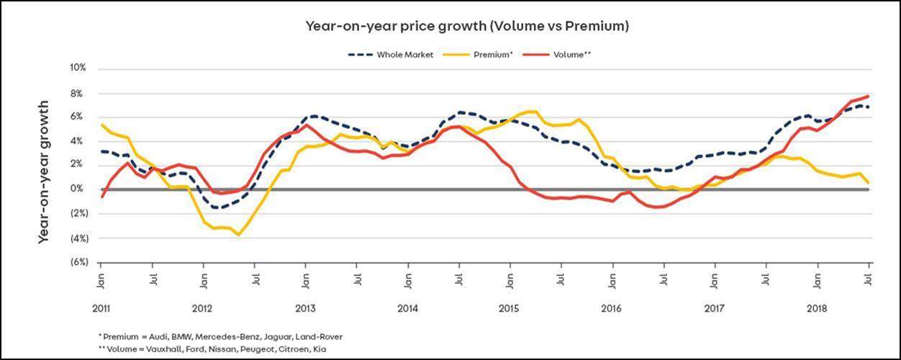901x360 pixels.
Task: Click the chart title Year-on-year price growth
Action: pos(467,27)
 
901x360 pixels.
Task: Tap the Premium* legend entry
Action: pos(492,54)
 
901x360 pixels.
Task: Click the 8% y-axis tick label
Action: pos(79,93)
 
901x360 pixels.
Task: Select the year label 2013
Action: pos(305,308)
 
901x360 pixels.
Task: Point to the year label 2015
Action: pos(509,308)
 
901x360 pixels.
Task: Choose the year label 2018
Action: pos(817,308)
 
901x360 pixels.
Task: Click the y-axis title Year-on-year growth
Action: pos(44,171)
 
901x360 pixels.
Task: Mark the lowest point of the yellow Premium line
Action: pos(238,235)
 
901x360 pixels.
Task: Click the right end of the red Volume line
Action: pos(869,96)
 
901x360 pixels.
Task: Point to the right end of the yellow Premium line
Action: pos(869,183)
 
